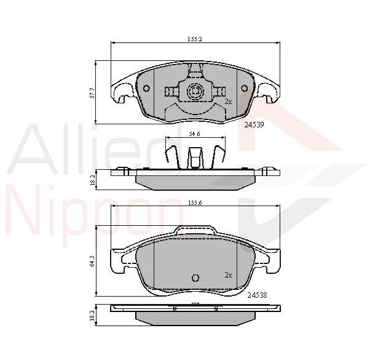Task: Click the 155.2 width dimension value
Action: coord(195,39)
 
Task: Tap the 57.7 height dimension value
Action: coord(92,93)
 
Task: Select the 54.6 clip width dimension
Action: coord(195,134)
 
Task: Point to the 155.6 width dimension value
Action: coord(195,202)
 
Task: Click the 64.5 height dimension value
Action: coord(92,261)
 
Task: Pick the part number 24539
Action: coord(254,125)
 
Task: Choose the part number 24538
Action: coord(257,295)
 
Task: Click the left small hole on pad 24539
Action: coord(146,89)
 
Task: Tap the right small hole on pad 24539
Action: coord(244,89)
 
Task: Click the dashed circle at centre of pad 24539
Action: coord(195,90)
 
